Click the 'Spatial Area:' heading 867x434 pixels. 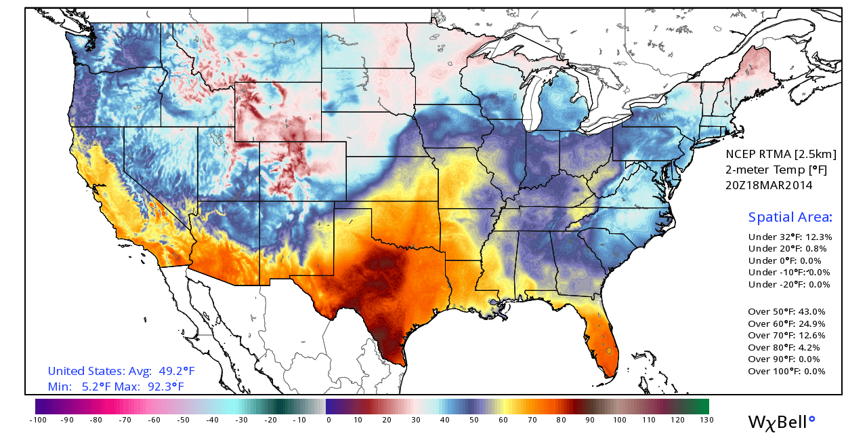790,217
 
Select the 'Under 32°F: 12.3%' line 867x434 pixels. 790,237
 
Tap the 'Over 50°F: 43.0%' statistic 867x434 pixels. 786,311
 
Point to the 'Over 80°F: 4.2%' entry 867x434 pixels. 784,347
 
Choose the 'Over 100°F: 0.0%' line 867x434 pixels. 786,371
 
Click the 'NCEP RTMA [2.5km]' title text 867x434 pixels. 781,154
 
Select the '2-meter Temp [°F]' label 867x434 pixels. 776,170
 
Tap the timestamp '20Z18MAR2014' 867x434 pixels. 769,185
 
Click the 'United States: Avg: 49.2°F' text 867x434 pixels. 121,371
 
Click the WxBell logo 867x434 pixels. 782,422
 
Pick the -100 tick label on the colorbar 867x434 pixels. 38,420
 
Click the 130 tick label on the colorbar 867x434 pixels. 706,420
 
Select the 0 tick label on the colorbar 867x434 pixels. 329,420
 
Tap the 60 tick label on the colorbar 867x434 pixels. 503,420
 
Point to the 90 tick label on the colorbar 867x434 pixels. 590,420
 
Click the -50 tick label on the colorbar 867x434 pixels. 183,420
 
